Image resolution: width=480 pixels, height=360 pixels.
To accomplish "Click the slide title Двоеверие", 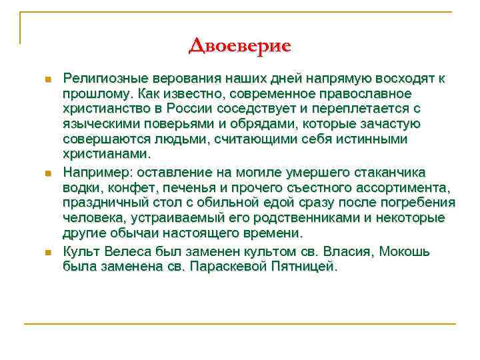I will [x=239, y=46].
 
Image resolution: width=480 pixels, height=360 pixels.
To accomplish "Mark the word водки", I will [x=81, y=187].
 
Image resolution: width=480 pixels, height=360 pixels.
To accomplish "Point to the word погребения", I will [x=421, y=203].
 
